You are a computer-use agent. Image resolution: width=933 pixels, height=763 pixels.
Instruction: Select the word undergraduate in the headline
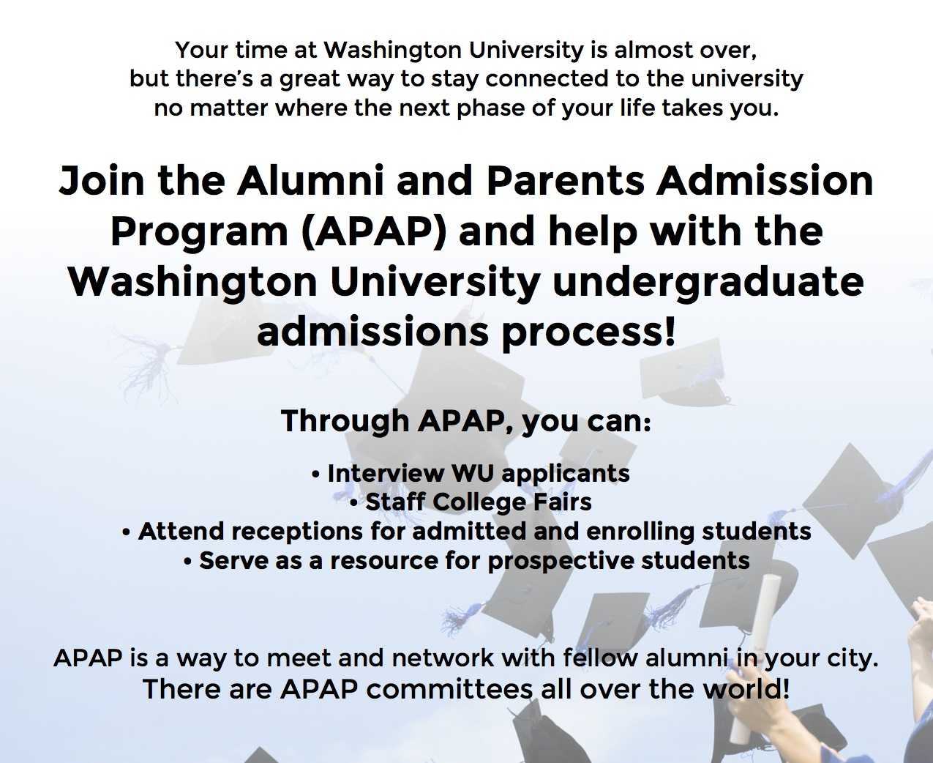pos(708,281)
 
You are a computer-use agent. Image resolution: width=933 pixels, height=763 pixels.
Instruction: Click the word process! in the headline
pos(588,332)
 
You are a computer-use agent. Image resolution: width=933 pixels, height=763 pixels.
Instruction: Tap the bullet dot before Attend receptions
pos(127,532)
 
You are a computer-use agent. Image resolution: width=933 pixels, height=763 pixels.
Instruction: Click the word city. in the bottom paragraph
pos(852,658)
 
